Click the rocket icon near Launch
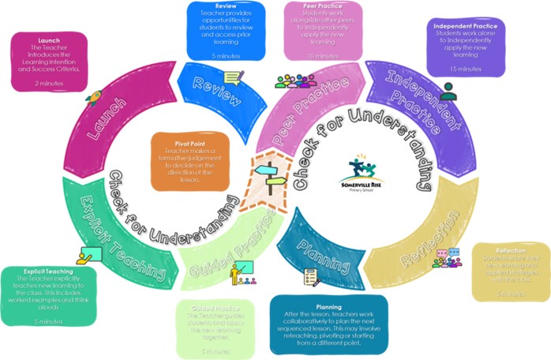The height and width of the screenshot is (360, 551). pyautogui.click(x=92, y=100)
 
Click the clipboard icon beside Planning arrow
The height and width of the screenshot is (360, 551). pyautogui.click(x=310, y=277)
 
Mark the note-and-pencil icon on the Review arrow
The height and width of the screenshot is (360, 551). pyautogui.click(x=234, y=77)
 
